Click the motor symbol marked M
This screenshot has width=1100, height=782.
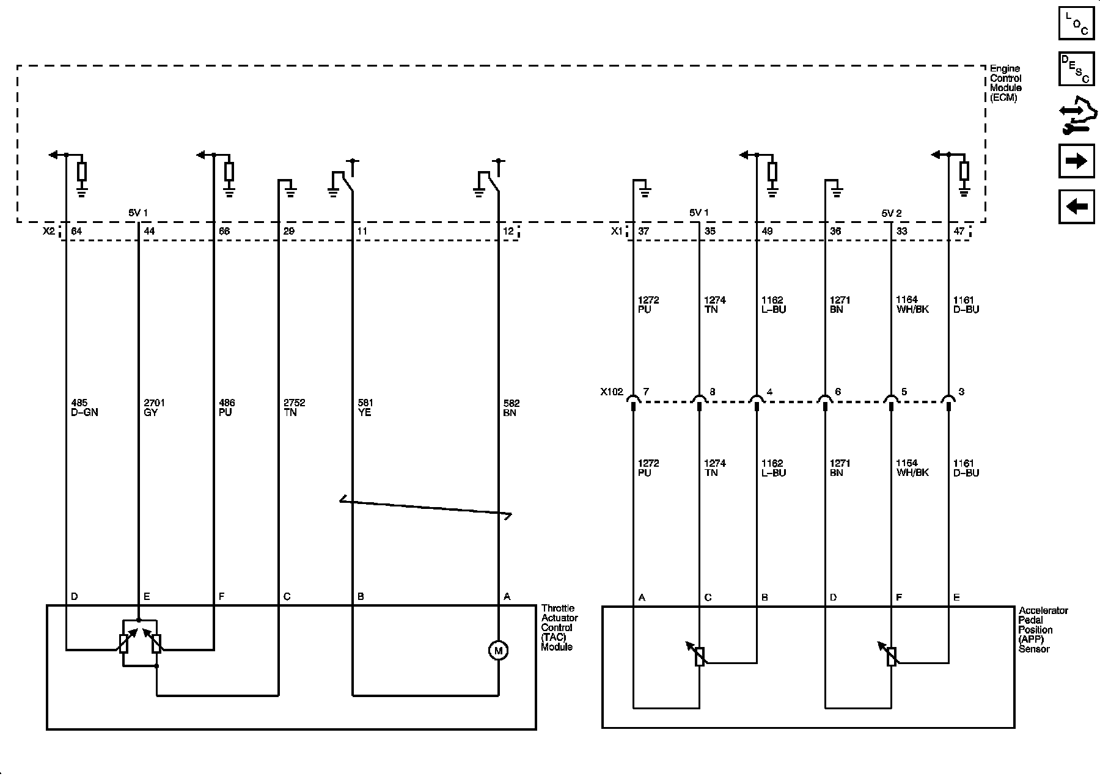point(498,651)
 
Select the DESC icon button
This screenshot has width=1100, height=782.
point(1076,68)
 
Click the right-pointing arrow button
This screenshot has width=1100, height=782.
point(1076,161)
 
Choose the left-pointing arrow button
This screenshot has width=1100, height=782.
point(1076,206)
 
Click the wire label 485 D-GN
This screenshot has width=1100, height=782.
point(84,407)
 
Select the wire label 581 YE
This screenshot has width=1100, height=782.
point(364,407)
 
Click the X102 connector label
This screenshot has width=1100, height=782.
point(611,392)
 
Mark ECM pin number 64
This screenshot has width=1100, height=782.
point(77,232)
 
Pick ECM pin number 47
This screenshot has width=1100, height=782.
point(959,232)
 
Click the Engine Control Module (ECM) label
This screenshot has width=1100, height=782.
point(1005,83)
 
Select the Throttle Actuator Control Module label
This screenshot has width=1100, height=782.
point(559,627)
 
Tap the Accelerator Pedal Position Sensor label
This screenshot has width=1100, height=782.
point(1043,629)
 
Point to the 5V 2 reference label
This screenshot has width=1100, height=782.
point(892,213)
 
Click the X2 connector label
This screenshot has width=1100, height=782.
point(48,232)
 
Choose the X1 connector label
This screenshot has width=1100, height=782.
point(617,232)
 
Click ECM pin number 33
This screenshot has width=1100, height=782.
point(901,232)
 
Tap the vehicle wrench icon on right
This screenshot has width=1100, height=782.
point(1076,116)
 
